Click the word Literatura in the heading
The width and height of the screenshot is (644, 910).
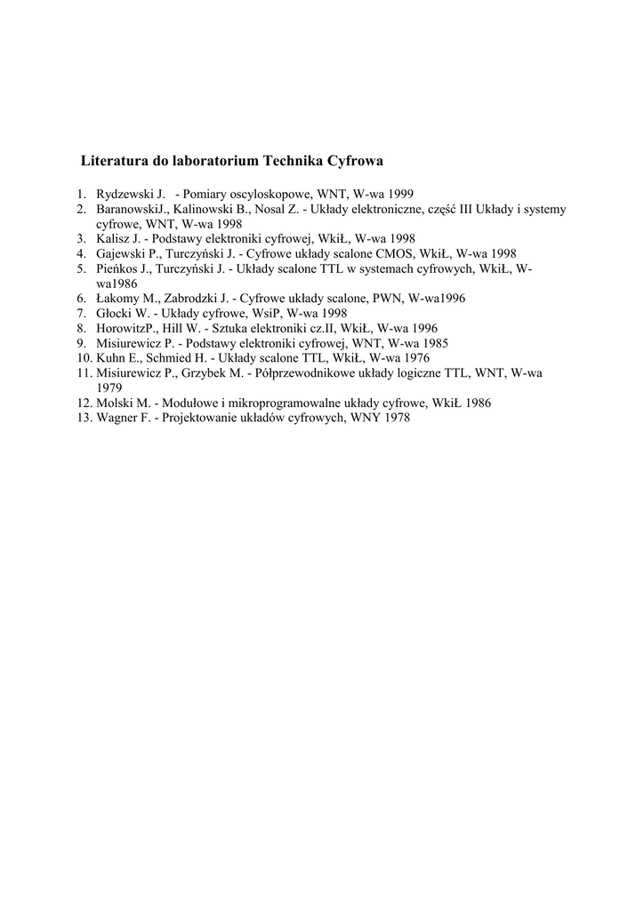111,162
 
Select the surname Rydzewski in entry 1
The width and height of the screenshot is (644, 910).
124,194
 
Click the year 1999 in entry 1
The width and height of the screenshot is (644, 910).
400,194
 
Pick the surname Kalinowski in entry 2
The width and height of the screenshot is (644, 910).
206,209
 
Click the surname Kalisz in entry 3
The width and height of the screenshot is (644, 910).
114,238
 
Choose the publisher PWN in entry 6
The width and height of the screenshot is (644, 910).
374,299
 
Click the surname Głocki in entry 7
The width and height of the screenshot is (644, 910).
115,314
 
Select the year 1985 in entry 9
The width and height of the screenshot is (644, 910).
432,343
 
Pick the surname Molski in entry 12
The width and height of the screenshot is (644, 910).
114,403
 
